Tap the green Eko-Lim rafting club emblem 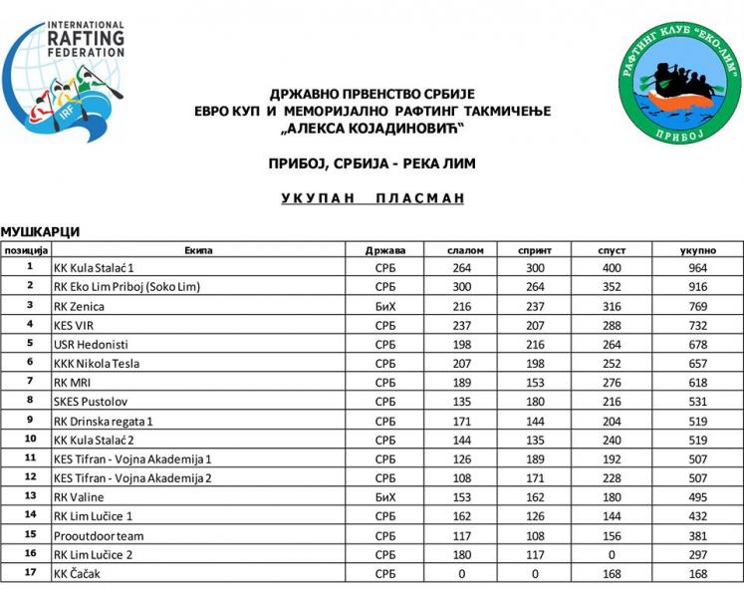click(676, 85)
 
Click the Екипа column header click(198, 249)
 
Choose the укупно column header click(697, 249)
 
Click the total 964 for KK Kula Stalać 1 click(697, 268)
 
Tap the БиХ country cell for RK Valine click(384, 496)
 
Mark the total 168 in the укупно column click(697, 573)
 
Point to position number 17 click(30, 573)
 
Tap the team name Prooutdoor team click(93, 534)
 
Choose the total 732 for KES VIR click(697, 325)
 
